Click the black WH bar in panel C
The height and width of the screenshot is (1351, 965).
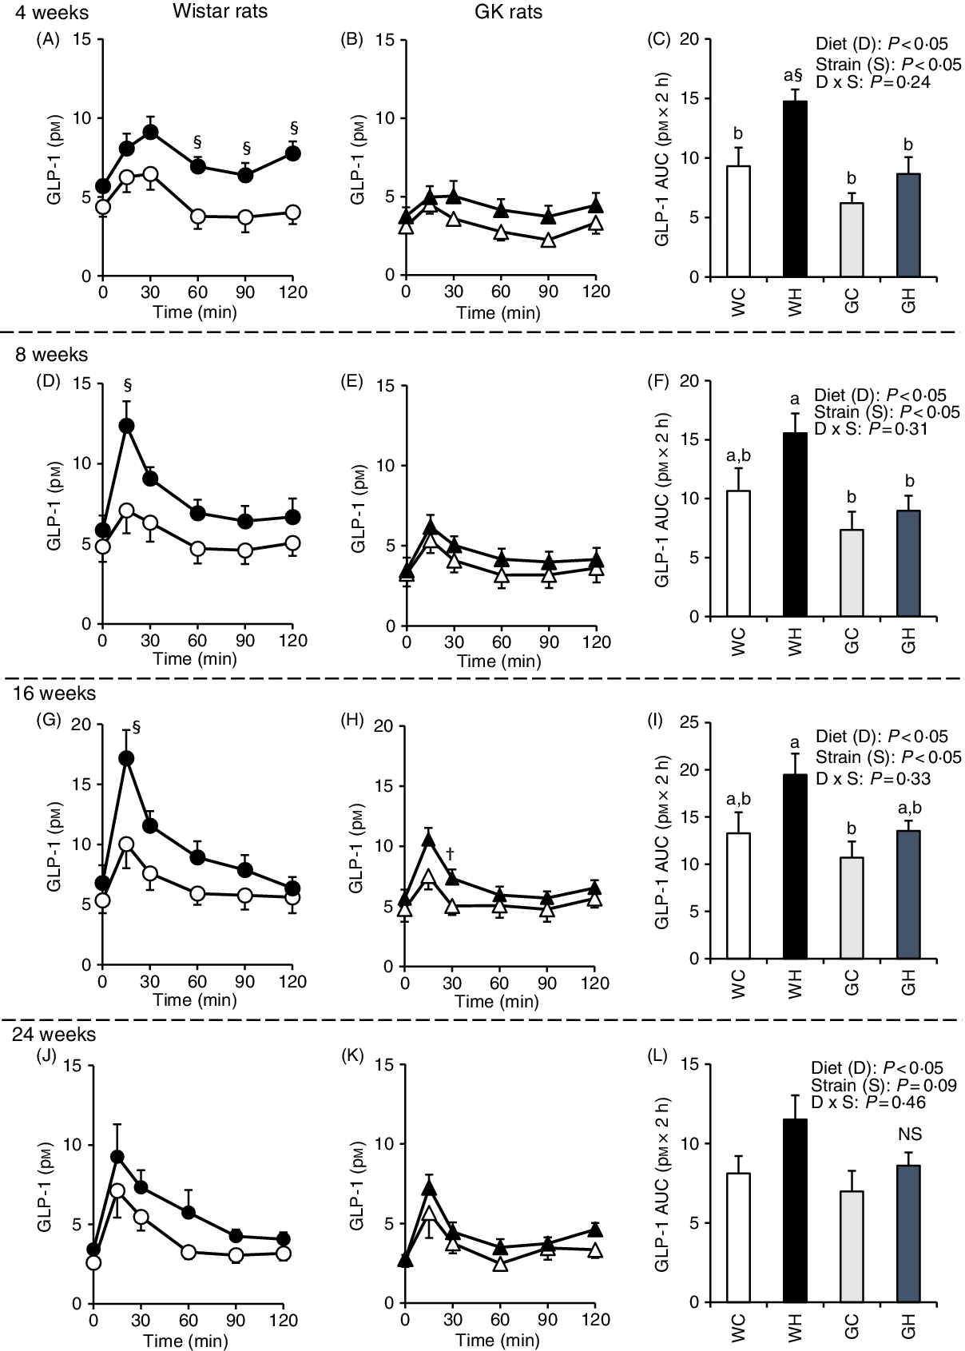coord(795,189)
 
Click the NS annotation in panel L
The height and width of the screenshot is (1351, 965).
coord(909,1134)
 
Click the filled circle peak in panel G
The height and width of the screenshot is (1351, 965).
coord(126,758)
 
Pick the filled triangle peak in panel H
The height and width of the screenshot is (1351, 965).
coord(428,838)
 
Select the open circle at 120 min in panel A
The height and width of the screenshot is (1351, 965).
coord(293,212)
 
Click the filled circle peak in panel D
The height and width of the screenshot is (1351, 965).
coord(126,426)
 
